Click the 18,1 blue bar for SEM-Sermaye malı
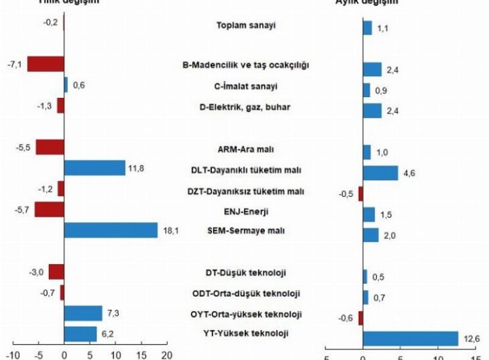click(111, 230)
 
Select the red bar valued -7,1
click(46, 65)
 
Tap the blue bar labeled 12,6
click(410, 338)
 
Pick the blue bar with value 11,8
click(94, 168)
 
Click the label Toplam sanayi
click(247, 26)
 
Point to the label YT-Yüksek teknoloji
click(246, 334)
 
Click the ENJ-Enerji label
click(247, 211)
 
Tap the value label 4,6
click(410, 174)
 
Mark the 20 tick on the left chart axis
click(167, 355)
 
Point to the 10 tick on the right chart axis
click(437, 356)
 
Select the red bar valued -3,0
click(56, 272)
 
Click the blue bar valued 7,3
click(83, 313)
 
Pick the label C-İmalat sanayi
click(247, 86)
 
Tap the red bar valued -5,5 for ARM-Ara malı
click(50, 147)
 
